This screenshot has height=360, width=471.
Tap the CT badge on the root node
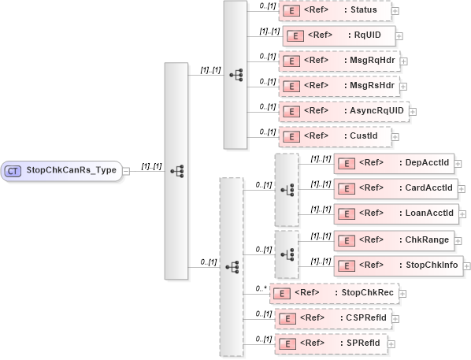[x=13, y=169]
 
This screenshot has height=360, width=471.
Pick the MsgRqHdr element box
[x=337, y=60]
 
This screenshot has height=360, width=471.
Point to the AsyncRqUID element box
[x=343, y=110]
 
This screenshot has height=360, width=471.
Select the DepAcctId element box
[x=393, y=162]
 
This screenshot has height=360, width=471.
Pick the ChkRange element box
[x=393, y=239]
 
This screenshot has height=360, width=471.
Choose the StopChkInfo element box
[x=397, y=264]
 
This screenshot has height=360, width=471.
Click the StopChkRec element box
[x=333, y=292]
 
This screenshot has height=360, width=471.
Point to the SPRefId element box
[x=331, y=343]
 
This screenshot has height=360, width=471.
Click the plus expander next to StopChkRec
[x=403, y=292]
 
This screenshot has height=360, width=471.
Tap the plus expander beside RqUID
[x=400, y=35]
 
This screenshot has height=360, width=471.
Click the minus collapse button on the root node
[x=127, y=169]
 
